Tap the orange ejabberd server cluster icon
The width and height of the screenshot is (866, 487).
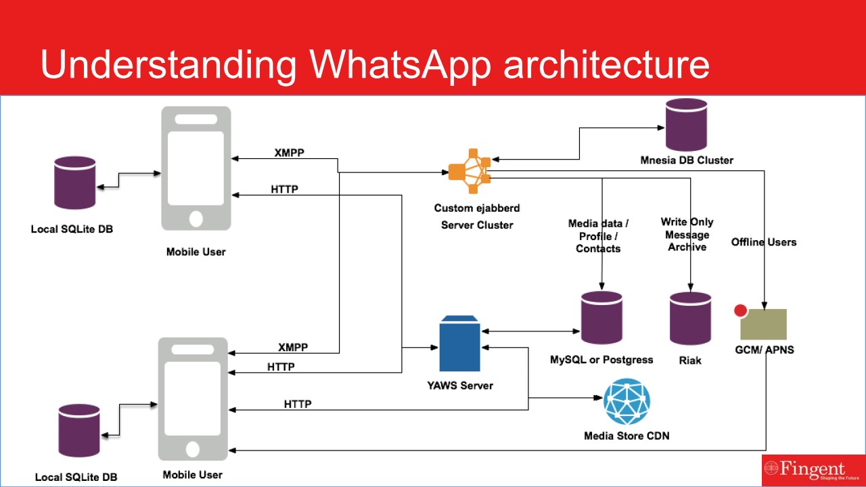(x=469, y=170)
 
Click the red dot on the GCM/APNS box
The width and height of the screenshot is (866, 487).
(x=740, y=311)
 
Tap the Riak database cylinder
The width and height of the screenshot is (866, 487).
(x=690, y=319)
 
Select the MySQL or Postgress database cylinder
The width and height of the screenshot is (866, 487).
(x=601, y=318)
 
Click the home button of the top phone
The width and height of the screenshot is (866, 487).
(x=196, y=218)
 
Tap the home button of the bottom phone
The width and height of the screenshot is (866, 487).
(x=193, y=449)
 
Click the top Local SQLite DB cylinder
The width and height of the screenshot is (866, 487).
(x=74, y=183)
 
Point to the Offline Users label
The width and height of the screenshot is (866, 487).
(x=764, y=242)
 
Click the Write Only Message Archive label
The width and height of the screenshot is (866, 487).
(x=687, y=235)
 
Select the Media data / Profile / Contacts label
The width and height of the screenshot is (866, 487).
(x=598, y=236)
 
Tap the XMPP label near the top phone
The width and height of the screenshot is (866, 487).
(x=289, y=152)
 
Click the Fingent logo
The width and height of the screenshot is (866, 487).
(x=813, y=469)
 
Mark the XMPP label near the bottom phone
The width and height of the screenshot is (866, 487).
(x=293, y=347)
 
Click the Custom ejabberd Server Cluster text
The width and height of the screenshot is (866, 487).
(x=477, y=216)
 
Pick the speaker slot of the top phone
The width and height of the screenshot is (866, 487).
(x=196, y=118)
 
